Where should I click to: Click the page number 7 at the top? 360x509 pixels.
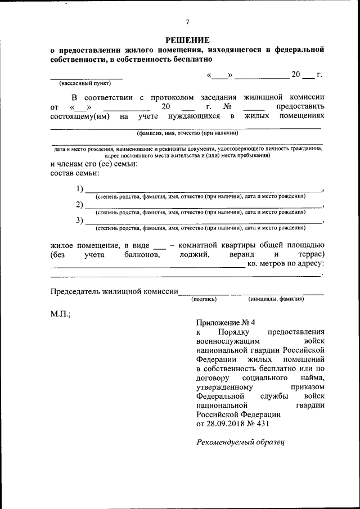pyautogui.click(x=187, y=22)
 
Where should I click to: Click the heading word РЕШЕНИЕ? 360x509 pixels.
pyautogui.click(x=187, y=40)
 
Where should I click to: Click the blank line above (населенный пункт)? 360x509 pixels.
pyautogui.click(x=86, y=77)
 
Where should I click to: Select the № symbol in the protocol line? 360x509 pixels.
pyautogui.click(x=228, y=106)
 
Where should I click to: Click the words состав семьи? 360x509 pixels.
pyautogui.click(x=74, y=174)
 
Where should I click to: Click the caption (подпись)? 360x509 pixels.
pyautogui.click(x=204, y=299)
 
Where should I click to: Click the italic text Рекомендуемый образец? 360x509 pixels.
pyautogui.click(x=241, y=442)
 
